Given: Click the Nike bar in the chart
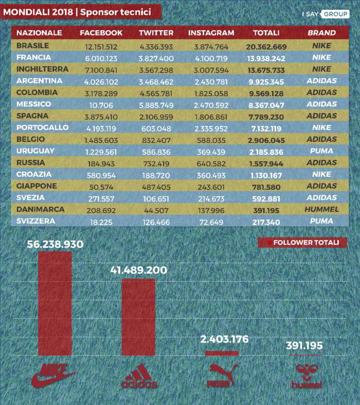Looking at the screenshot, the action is click(x=55, y=303).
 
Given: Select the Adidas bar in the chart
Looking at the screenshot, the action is click(x=138, y=317).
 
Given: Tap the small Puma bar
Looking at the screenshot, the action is click(x=222, y=353).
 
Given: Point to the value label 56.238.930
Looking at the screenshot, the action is click(x=55, y=244).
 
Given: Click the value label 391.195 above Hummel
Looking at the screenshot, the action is click(x=304, y=345).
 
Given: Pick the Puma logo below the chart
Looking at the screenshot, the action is click(x=222, y=376).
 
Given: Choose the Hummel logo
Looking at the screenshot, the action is click(x=307, y=376).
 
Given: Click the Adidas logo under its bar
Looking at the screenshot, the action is click(x=139, y=376).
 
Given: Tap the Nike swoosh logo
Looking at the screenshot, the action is click(x=54, y=376).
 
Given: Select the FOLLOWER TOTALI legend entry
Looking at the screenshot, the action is click(x=302, y=243).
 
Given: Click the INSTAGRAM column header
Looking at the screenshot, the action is click(x=211, y=33).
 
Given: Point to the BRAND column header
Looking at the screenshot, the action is click(x=322, y=33).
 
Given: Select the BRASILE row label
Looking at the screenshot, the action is click(x=32, y=46).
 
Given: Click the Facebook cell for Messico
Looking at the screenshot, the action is click(x=101, y=105).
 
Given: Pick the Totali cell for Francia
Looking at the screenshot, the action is click(x=266, y=59).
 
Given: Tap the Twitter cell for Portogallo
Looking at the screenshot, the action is click(x=156, y=128).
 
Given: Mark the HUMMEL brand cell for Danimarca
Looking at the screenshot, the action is click(x=322, y=209).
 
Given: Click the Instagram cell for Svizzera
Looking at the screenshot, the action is click(x=211, y=222).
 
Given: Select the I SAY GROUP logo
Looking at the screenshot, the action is click(x=326, y=14).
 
